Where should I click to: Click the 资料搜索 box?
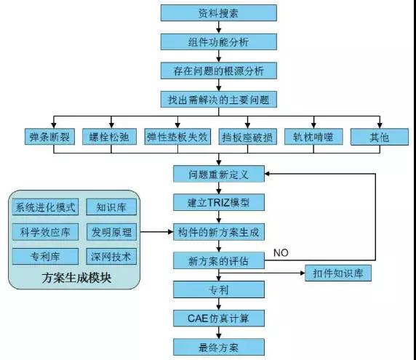click(x=218, y=13)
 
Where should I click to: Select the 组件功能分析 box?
click(x=218, y=41)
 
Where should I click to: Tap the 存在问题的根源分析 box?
click(x=218, y=70)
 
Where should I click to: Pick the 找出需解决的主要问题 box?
click(x=218, y=98)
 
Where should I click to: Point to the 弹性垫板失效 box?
click(x=177, y=136)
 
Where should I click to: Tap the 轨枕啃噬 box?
click(x=314, y=136)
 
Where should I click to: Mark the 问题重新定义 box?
click(x=218, y=175)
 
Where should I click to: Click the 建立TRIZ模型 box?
click(x=218, y=202)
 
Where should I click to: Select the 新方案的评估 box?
click(x=218, y=260)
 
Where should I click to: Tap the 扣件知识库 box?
click(x=338, y=273)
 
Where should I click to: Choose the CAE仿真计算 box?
click(x=218, y=318)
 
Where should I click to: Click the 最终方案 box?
click(x=218, y=346)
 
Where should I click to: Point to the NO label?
click(x=282, y=252)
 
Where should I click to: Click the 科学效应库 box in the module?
click(x=44, y=232)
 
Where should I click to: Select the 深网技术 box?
click(x=111, y=257)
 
